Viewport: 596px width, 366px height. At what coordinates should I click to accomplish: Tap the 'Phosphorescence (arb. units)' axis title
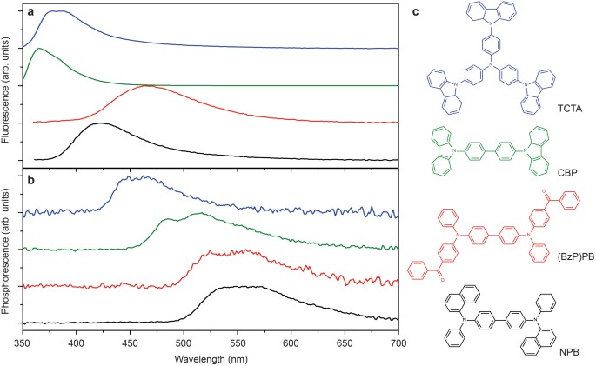(x=8, y=253)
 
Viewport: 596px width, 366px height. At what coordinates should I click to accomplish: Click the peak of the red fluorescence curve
(x=148, y=85)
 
